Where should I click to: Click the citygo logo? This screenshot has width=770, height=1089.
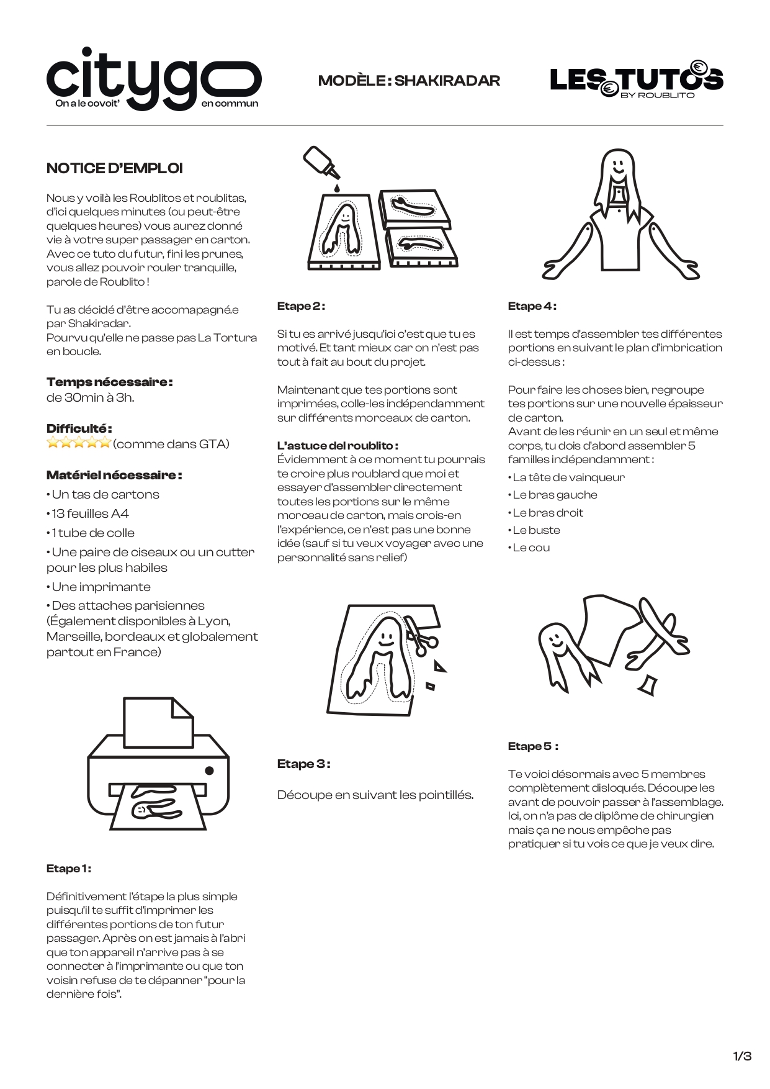tap(153, 79)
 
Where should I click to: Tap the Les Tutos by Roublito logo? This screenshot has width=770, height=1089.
tap(636, 80)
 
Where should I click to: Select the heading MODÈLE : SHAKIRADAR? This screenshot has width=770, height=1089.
tap(409, 81)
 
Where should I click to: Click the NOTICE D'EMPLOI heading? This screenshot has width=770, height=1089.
tap(115, 168)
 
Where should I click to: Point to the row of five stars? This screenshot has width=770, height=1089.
tap(79, 443)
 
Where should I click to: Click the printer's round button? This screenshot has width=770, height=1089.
tap(209, 770)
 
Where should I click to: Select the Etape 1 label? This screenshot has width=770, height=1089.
tap(68, 869)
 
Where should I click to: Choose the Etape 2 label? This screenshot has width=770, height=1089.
tap(301, 306)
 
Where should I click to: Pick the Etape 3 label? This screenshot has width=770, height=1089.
tap(303, 764)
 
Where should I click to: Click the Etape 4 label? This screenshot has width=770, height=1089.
tap(532, 306)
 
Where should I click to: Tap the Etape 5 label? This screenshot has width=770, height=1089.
tap(533, 746)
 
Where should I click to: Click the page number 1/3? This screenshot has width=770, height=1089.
tap(742, 1056)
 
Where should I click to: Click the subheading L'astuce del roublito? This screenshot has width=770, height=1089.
tap(338, 446)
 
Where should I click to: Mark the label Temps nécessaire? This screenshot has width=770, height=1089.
tap(109, 382)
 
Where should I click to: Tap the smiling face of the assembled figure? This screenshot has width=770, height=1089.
tap(617, 166)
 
